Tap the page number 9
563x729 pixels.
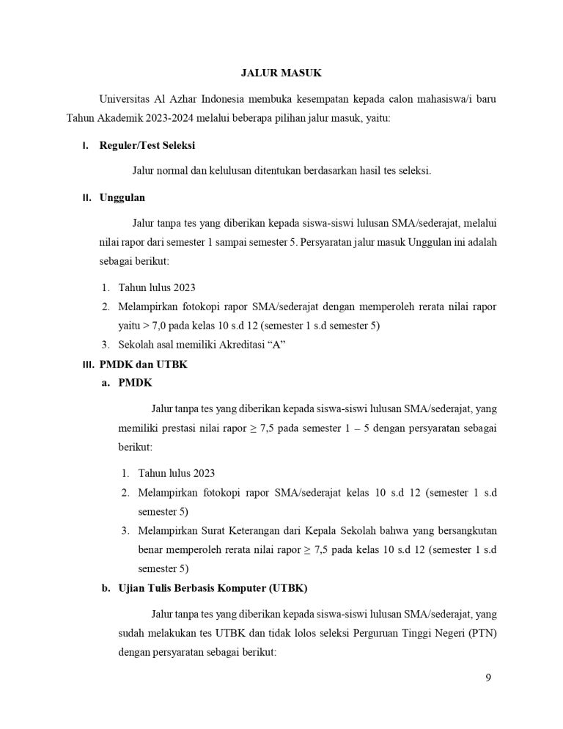point(488,677)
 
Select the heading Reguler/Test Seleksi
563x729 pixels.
point(147,145)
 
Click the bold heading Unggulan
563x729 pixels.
point(122,197)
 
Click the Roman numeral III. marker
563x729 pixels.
point(87,364)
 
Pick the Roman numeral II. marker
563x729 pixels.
point(87,197)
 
